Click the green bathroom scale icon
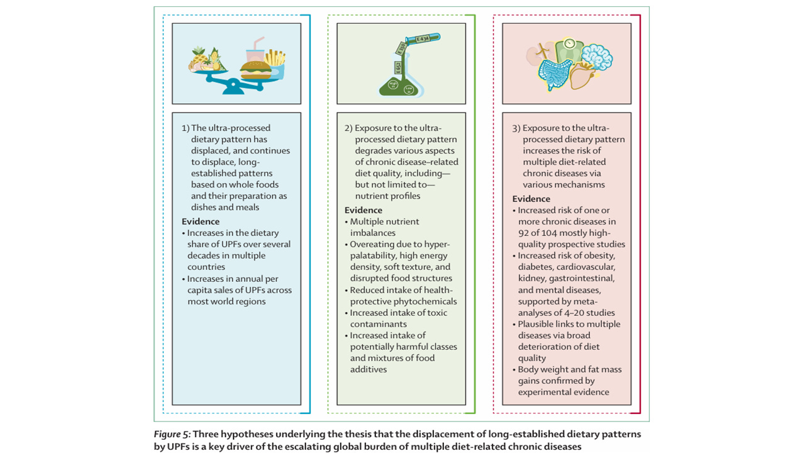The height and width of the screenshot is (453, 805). [x=569, y=47]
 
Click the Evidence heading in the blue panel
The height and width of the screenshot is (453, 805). [x=201, y=221]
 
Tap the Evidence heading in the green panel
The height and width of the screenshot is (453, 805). [x=364, y=210]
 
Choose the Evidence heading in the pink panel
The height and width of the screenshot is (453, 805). [x=531, y=199]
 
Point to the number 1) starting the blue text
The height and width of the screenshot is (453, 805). [x=186, y=128]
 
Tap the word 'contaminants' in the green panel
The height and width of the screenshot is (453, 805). [x=379, y=324]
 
